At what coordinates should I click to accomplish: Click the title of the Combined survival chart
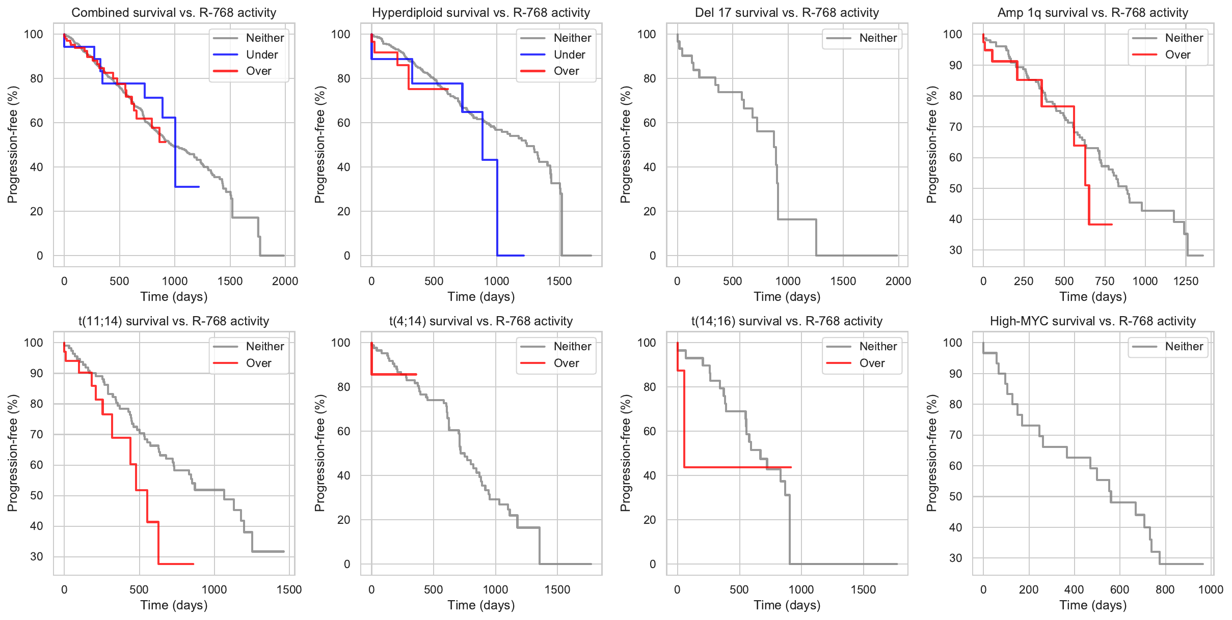click(x=174, y=13)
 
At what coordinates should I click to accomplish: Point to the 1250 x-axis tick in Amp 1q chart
click(x=1186, y=281)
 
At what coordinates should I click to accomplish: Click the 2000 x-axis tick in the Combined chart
click(x=285, y=281)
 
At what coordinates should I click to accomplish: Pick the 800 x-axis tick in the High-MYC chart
click(x=1165, y=589)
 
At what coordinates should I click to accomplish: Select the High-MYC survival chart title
click(x=1092, y=321)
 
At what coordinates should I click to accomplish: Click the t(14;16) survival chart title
click(x=787, y=321)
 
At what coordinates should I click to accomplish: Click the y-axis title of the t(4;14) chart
click(x=319, y=453)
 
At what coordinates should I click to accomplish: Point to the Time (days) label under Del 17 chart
click(x=787, y=297)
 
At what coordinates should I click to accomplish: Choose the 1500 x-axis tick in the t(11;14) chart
click(x=289, y=589)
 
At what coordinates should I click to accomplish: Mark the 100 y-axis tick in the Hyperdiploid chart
click(x=341, y=34)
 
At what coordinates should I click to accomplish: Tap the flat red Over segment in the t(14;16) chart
click(x=739, y=467)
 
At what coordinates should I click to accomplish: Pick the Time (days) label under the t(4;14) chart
click(x=481, y=605)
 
